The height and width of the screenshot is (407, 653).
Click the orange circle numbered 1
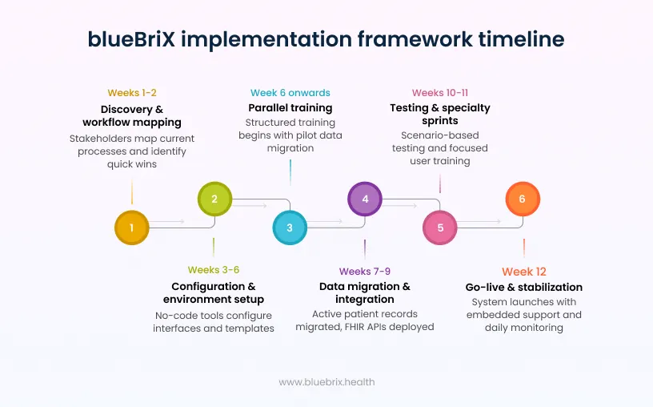click(132, 228)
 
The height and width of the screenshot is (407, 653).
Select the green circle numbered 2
click(214, 199)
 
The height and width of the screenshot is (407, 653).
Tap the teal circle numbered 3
click(290, 228)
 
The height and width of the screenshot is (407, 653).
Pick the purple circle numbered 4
click(365, 199)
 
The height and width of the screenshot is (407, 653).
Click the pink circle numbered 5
click(440, 228)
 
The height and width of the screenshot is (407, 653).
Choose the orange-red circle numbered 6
click(523, 199)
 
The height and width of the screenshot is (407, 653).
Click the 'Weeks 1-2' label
click(131, 93)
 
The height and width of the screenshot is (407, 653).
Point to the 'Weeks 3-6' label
click(214, 270)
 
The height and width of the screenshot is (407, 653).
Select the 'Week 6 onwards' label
click(290, 93)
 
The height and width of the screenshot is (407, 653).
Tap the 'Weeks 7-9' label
click(365, 272)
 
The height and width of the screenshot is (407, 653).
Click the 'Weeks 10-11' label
click(439, 93)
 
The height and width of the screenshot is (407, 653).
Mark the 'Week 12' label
click(524, 272)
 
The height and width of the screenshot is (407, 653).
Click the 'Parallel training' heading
click(290, 107)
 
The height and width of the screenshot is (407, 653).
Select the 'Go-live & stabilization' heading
click(524, 287)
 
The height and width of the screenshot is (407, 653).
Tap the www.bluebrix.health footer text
click(326, 382)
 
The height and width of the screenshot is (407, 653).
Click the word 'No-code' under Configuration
click(176, 315)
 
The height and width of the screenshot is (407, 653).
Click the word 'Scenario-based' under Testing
click(439, 135)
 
